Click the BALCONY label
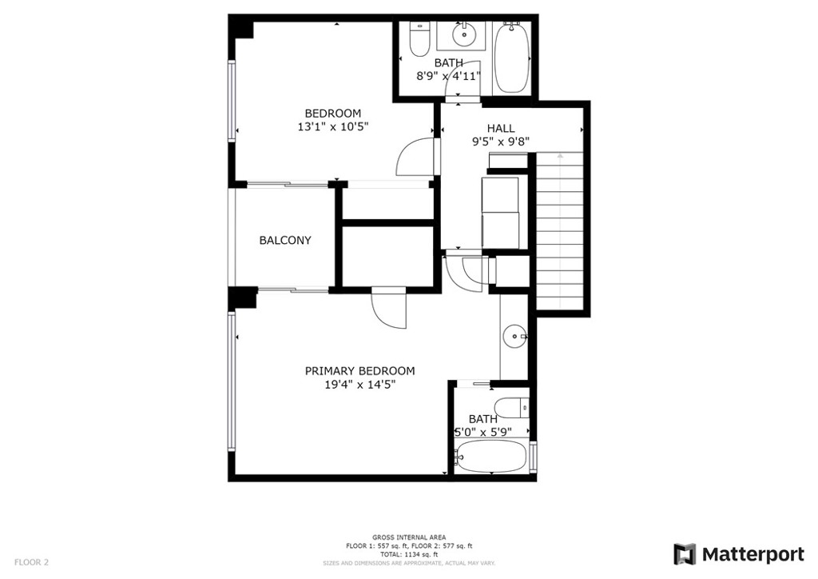[285, 240]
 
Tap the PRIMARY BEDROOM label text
[360, 371]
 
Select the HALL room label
[501, 128]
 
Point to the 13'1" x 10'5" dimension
[333, 126]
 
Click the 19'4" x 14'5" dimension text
[360, 385]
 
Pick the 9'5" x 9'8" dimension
[501, 141]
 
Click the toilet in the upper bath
[419, 40]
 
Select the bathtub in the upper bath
[512, 57]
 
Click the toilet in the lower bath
[512, 408]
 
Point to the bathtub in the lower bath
[491, 457]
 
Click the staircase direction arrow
[560, 155]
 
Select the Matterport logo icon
[685, 554]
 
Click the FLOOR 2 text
[31, 562]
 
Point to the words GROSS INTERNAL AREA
[409, 537]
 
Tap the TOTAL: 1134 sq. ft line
[409, 554]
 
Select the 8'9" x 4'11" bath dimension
[448, 76]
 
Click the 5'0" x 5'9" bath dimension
[483, 433]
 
